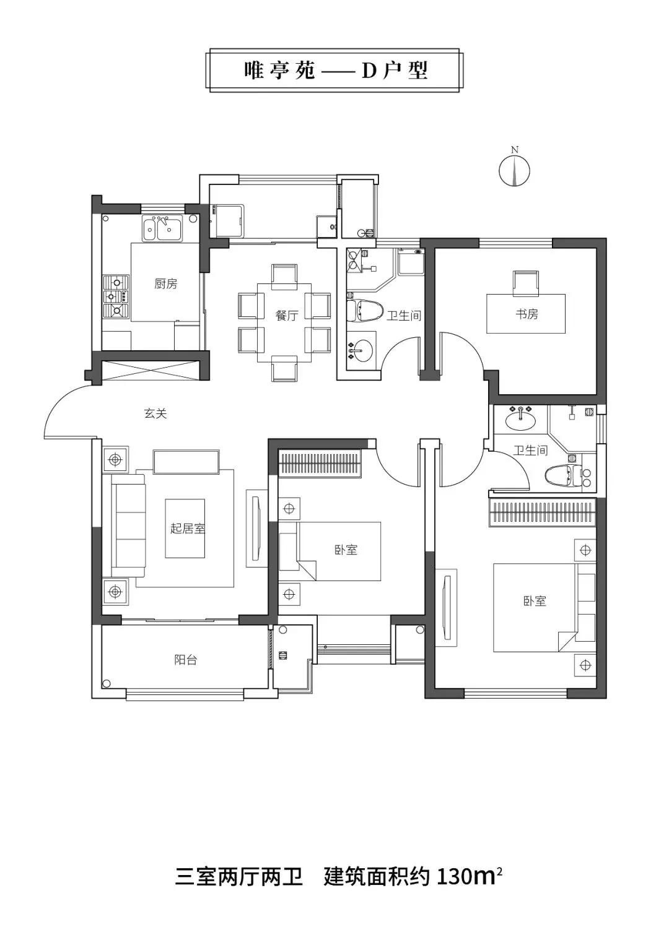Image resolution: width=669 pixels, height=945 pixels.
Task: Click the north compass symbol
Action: coord(514,170)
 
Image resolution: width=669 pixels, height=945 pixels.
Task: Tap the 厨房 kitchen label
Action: coord(165,284)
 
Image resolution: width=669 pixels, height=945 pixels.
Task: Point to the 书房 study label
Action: coord(527,314)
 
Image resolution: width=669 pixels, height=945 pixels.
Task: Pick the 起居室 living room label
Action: coord(188,528)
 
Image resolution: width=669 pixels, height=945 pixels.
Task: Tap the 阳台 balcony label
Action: coord(185,659)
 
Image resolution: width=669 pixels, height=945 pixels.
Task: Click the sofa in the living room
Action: coord(128,525)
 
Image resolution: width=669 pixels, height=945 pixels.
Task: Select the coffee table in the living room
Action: coord(185,529)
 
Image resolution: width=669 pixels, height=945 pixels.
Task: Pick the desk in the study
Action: coord(526,314)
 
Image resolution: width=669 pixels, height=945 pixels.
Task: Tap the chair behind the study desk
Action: coord(526,283)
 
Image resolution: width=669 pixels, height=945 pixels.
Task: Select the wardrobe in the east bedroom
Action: coord(542,512)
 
